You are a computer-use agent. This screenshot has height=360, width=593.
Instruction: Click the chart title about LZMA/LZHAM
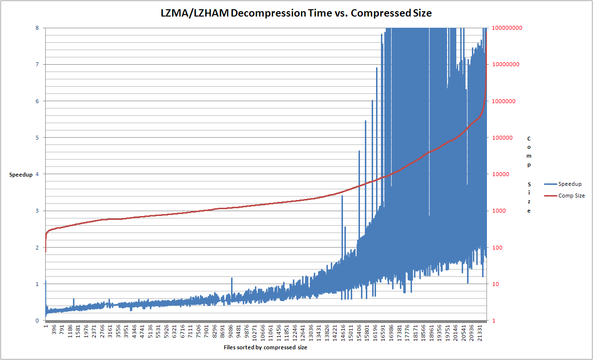296,13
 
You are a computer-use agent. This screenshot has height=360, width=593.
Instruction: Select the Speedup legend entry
570,184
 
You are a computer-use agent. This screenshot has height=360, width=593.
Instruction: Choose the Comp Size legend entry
571,196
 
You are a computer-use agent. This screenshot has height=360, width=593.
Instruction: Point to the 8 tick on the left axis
37,28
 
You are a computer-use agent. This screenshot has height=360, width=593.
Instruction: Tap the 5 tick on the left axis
37,138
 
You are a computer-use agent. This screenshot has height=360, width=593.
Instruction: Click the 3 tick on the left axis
37,211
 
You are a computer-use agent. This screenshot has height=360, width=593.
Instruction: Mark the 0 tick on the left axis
37,321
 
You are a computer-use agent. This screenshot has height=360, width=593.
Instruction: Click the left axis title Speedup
21,174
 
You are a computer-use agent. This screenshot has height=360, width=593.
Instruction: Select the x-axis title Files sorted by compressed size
265,348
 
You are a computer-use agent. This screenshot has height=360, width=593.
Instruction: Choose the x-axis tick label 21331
480,333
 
